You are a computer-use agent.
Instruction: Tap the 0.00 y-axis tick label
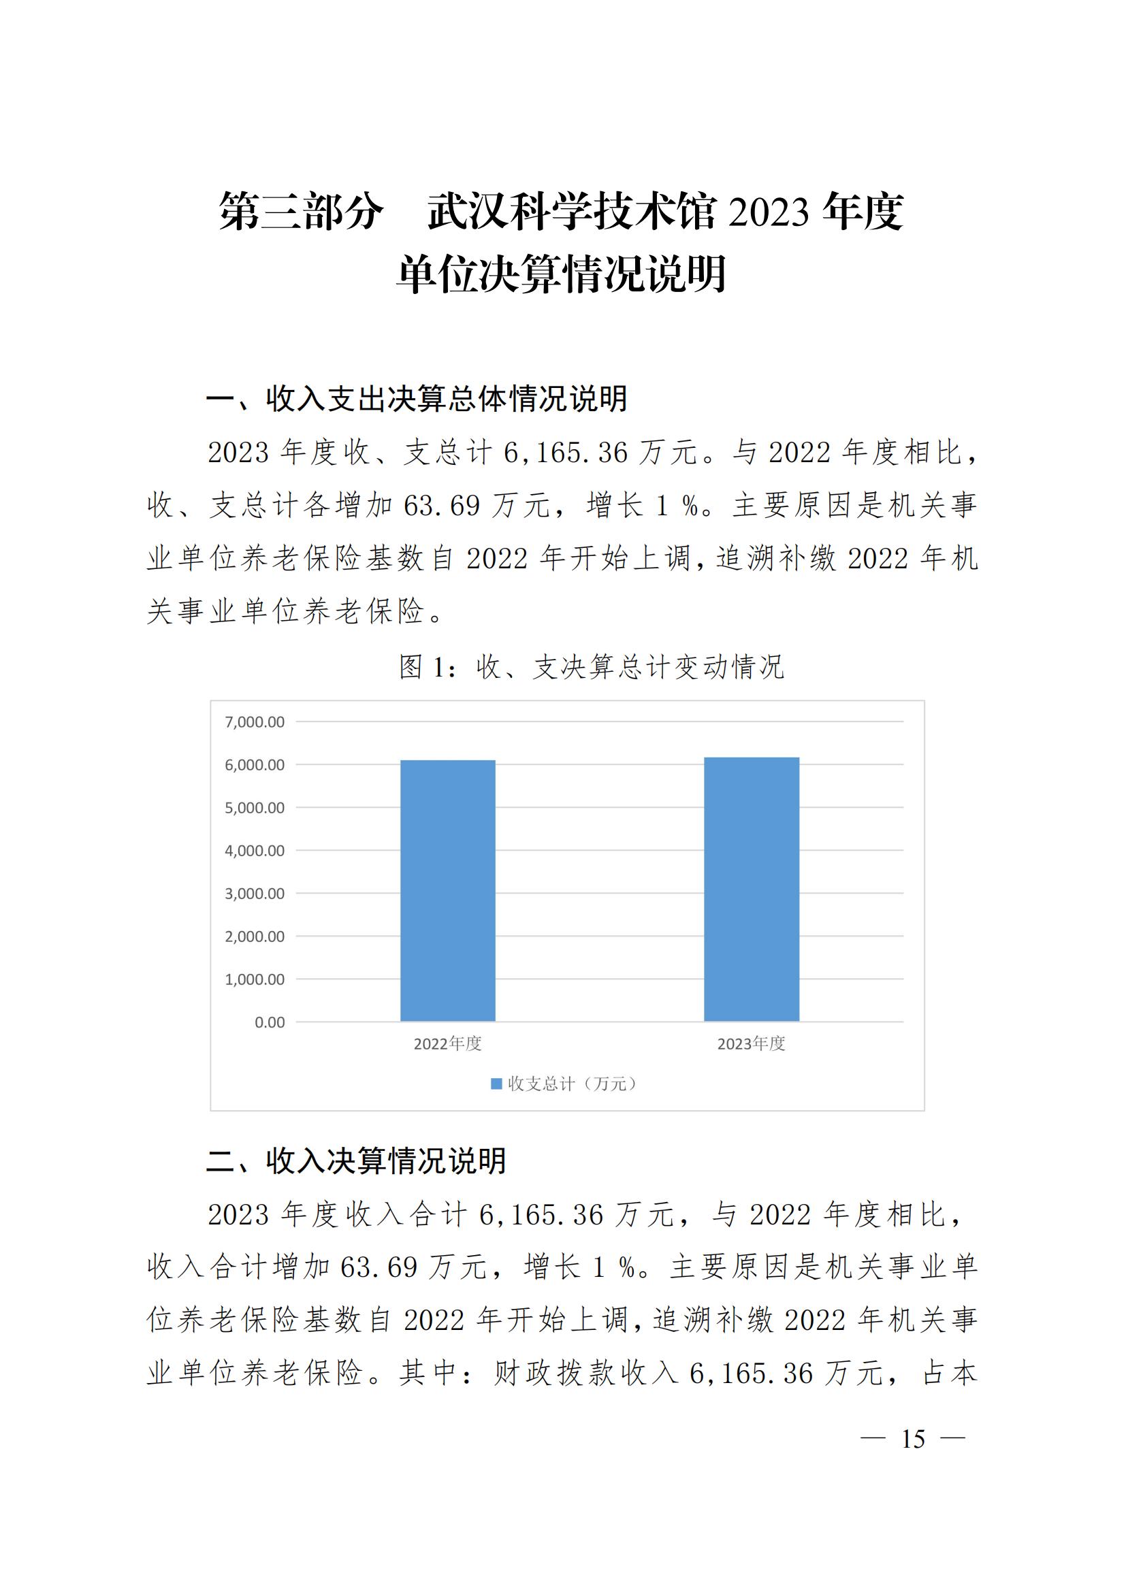[x=270, y=1023]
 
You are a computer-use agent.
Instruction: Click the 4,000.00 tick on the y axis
[x=255, y=851]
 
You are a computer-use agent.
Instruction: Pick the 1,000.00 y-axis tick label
[x=255, y=979]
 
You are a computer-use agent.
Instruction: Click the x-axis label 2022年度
[x=448, y=1044]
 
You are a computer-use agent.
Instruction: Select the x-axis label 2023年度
[x=752, y=1044]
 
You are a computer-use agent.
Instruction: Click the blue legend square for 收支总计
[x=496, y=1084]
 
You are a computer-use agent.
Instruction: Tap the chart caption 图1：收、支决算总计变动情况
[x=592, y=667]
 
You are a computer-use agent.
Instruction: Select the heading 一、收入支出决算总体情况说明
[x=417, y=400]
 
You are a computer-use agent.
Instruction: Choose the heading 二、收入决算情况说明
[x=356, y=1161]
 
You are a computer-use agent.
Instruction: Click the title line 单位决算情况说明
[x=562, y=274]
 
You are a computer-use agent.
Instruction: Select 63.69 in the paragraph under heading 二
[x=379, y=1268]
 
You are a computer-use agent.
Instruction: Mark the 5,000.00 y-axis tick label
[x=255, y=808]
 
